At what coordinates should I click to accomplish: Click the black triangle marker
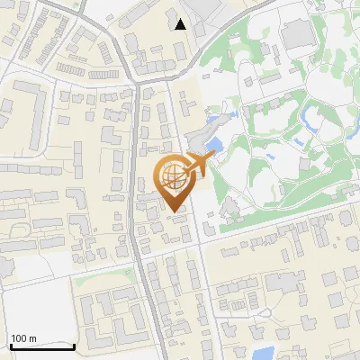(181, 24)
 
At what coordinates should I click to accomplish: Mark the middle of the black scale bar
(41, 346)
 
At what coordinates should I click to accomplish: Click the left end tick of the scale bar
(10, 346)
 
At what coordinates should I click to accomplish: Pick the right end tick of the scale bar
(74, 346)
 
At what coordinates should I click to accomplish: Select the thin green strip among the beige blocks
(108, 280)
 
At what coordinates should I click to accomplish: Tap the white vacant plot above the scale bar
(31, 306)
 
